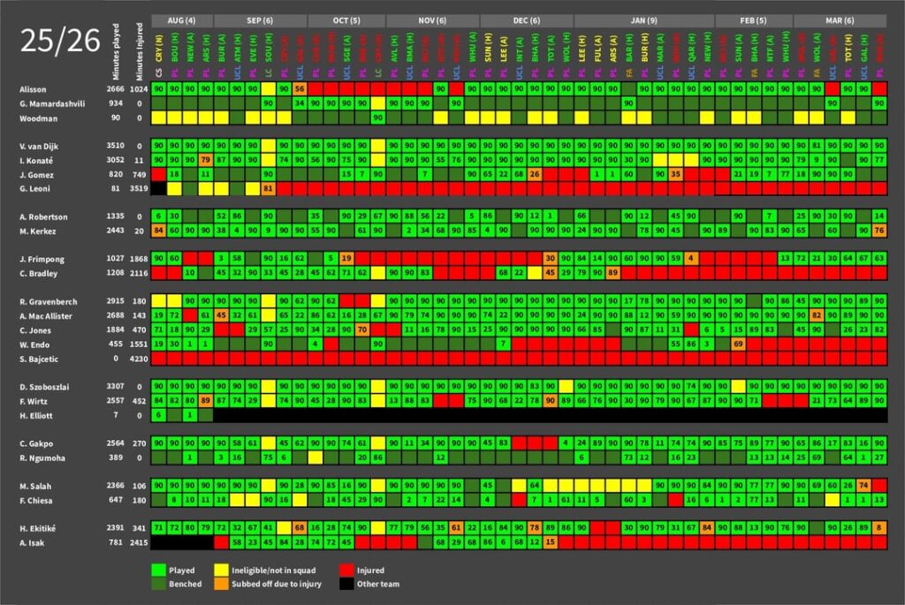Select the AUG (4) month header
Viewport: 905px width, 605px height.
click(x=182, y=20)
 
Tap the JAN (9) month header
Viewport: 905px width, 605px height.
click(x=643, y=20)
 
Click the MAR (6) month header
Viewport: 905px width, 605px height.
click(x=840, y=20)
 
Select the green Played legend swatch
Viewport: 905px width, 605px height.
click(x=159, y=571)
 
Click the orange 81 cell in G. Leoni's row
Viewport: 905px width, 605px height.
click(x=269, y=188)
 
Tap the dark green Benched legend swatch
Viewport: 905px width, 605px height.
click(x=159, y=584)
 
